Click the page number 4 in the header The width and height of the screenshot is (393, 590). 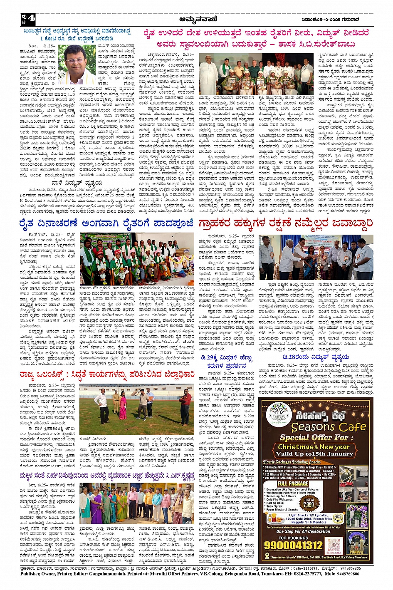[32, 19]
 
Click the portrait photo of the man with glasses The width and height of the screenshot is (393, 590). [77, 64]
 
